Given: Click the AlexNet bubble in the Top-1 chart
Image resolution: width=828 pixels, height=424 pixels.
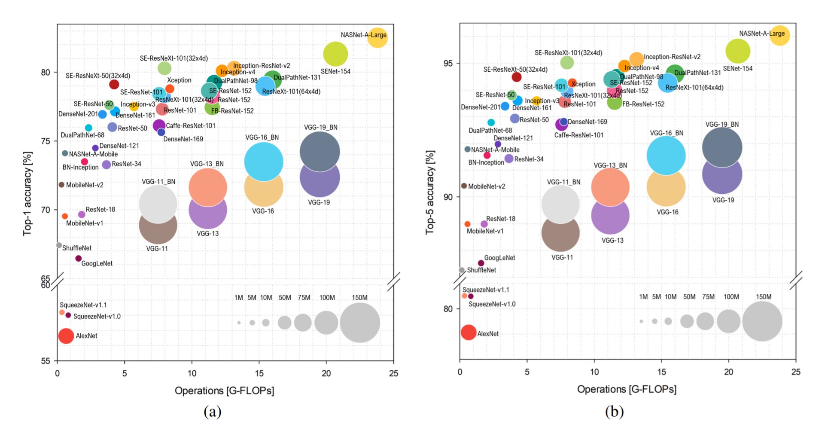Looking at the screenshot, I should (66, 336).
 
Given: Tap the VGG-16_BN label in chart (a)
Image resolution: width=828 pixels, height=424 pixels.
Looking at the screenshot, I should (262, 137).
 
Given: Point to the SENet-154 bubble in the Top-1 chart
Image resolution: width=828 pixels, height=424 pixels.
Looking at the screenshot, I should (335, 54).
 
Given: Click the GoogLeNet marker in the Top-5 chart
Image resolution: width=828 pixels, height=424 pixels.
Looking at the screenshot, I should (481, 263).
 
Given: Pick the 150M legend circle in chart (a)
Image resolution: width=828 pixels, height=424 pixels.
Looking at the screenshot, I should (360, 322).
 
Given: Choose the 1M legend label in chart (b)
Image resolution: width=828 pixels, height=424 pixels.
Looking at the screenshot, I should (643, 297).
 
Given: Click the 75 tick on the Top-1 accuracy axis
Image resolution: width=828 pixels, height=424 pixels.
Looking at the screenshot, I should (46, 141).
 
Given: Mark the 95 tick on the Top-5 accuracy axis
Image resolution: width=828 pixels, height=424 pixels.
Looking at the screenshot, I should (448, 64).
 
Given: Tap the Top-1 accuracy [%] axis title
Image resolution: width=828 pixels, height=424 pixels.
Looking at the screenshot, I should (27, 193).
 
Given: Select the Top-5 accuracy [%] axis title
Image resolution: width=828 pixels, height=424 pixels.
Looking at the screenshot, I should (430, 192).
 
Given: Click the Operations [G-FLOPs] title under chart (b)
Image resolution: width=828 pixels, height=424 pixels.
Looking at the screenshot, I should (627, 389).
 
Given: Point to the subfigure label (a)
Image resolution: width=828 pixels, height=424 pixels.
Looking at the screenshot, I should (213, 412).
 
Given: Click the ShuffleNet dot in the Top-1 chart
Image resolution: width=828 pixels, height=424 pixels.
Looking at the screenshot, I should (59, 245).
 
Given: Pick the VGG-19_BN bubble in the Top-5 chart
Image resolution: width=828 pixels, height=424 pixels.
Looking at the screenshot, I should (722, 147).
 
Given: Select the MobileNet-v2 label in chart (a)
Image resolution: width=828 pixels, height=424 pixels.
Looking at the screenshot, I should (85, 185).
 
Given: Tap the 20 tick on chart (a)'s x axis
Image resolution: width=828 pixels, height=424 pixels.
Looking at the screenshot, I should (326, 373).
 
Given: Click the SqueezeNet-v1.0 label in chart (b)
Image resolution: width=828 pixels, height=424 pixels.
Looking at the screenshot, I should (492, 304).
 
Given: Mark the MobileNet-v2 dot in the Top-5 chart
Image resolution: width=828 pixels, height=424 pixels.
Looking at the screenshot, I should (464, 186).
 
